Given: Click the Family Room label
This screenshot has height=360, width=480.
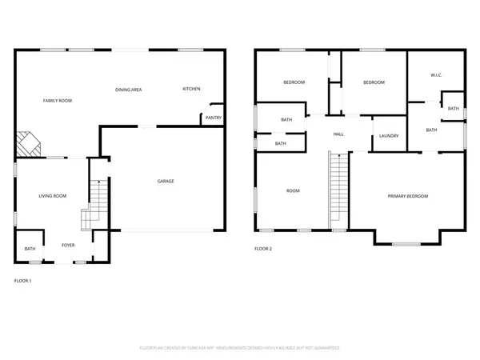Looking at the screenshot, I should tap(58, 100).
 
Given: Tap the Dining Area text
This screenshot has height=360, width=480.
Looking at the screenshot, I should tap(129, 90).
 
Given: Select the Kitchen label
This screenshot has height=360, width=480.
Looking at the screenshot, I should tap(191, 88).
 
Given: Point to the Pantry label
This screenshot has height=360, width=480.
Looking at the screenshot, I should tap(213, 118).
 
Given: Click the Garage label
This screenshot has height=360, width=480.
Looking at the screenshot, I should tap(166, 181).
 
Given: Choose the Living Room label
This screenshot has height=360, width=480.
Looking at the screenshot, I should tap(53, 195).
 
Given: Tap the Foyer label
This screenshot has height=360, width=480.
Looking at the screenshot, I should tap(69, 244).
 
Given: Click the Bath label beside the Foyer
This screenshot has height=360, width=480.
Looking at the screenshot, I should tap(30, 249).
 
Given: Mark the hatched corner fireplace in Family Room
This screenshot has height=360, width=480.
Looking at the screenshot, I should tap(30, 144).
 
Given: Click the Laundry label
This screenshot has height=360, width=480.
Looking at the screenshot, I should tap(390, 136).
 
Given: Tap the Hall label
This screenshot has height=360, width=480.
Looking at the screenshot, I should tap(338, 134).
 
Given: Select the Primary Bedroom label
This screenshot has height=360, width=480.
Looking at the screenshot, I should tap(408, 196).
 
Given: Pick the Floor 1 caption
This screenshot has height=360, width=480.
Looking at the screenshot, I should tap(23, 281).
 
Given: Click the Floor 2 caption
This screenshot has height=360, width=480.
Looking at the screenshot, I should tap(263, 249).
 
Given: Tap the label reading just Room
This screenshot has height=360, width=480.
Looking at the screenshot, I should tap(294, 190).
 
